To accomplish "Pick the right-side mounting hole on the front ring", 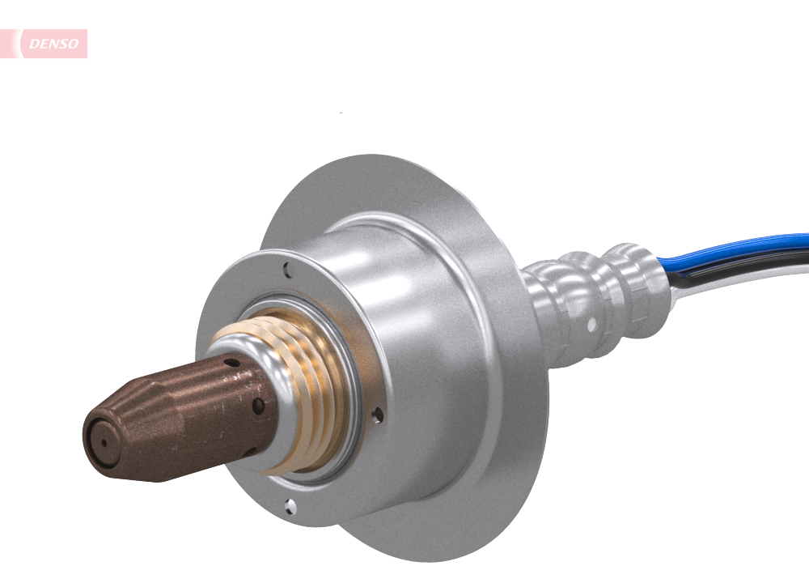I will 378,415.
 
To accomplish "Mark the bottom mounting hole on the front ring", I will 290,506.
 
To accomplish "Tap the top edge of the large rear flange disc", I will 380,162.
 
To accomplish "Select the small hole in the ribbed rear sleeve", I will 592,325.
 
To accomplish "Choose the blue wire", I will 744,247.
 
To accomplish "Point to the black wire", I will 752,264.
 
